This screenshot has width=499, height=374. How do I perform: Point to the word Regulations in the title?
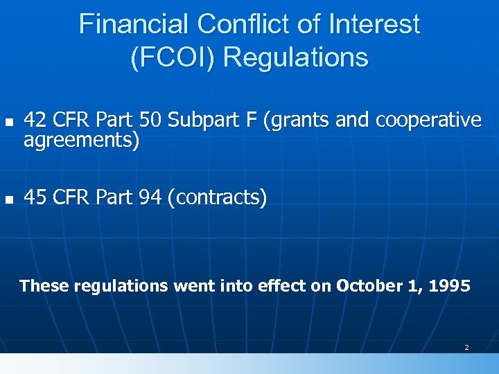point(296,57)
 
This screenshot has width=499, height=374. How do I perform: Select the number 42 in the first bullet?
point(35,121)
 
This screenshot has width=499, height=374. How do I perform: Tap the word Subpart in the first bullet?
point(200,121)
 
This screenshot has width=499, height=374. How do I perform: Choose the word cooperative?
point(428,121)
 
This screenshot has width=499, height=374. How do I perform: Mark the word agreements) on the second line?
point(82,141)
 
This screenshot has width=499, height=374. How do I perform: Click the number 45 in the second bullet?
point(35,199)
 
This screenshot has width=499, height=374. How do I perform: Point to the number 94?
point(150,199)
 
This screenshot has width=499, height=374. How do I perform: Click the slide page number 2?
point(466,347)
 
